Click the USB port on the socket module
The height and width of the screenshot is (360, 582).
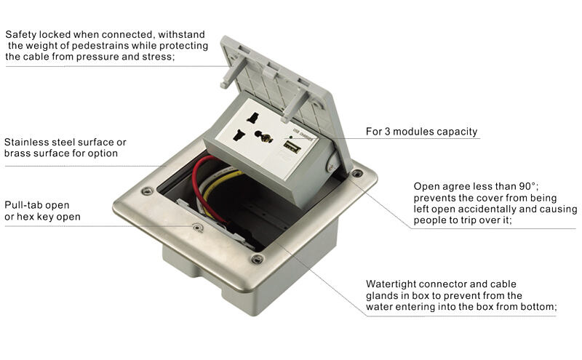pos(290,149)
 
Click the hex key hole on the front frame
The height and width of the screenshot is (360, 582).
pos(194,228)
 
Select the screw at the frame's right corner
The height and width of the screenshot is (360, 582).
pos(356,173)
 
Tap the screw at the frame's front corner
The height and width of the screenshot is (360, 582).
pos(255,259)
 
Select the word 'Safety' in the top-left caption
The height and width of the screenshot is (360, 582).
pos(21,34)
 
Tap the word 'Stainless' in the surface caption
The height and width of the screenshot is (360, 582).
pos(26,142)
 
